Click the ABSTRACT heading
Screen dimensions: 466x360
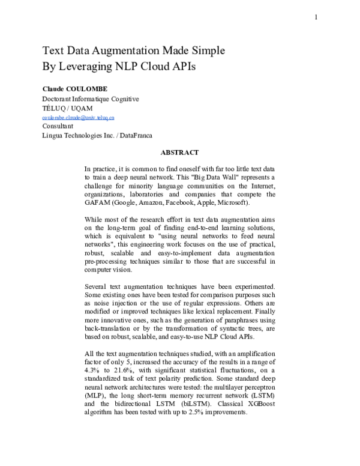pos(179,153)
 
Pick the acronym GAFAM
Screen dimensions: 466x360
pos(100,204)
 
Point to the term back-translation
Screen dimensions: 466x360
pos(115,330)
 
